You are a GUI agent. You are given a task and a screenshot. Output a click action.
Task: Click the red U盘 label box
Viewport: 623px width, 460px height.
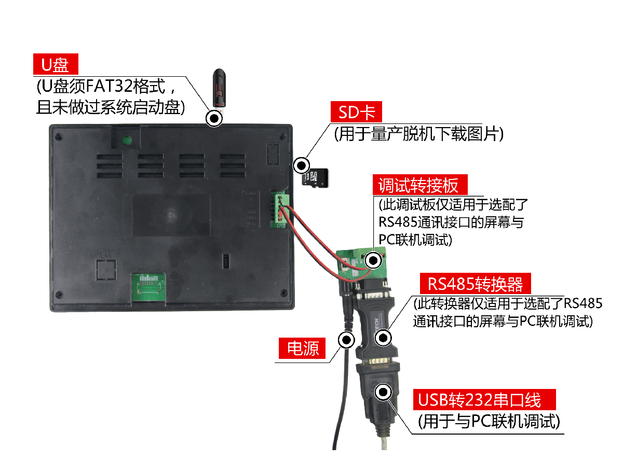click(56, 64)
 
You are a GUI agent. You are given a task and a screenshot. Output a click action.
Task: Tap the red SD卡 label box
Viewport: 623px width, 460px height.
click(356, 111)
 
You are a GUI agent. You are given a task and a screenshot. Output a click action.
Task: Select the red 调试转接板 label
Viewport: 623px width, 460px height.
click(420, 185)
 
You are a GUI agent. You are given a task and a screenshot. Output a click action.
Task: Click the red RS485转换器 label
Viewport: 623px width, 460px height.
click(475, 284)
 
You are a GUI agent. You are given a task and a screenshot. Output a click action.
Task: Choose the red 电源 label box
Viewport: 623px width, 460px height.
click(302, 348)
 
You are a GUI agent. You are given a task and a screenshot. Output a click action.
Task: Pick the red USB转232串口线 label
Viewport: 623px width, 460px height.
click(484, 399)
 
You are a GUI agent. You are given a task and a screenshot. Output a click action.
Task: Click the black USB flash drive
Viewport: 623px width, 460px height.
click(219, 88)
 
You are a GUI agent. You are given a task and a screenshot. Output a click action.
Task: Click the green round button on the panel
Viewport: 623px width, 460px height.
click(127, 140)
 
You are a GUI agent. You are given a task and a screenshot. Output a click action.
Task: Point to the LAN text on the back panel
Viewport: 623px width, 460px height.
click(106, 255)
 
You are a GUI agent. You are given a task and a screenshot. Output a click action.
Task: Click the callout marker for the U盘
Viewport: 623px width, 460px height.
click(214, 118)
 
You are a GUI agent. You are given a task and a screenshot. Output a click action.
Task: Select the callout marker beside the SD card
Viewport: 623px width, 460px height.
click(302, 165)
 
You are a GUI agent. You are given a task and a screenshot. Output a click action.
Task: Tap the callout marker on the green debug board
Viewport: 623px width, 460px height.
click(373, 260)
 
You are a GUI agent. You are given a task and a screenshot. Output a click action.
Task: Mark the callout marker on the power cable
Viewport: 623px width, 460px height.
click(346, 340)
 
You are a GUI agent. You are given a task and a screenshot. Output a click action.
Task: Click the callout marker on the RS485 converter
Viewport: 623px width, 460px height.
click(383, 338)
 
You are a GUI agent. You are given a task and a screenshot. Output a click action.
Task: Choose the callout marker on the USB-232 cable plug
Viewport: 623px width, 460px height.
click(383, 392)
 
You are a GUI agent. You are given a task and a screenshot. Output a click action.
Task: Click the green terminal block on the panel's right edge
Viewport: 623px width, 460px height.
click(278, 209)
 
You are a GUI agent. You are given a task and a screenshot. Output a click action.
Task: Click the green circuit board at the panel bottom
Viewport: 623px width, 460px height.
click(148, 287)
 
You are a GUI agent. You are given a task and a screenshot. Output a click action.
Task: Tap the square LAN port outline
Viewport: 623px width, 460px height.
click(106, 270)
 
